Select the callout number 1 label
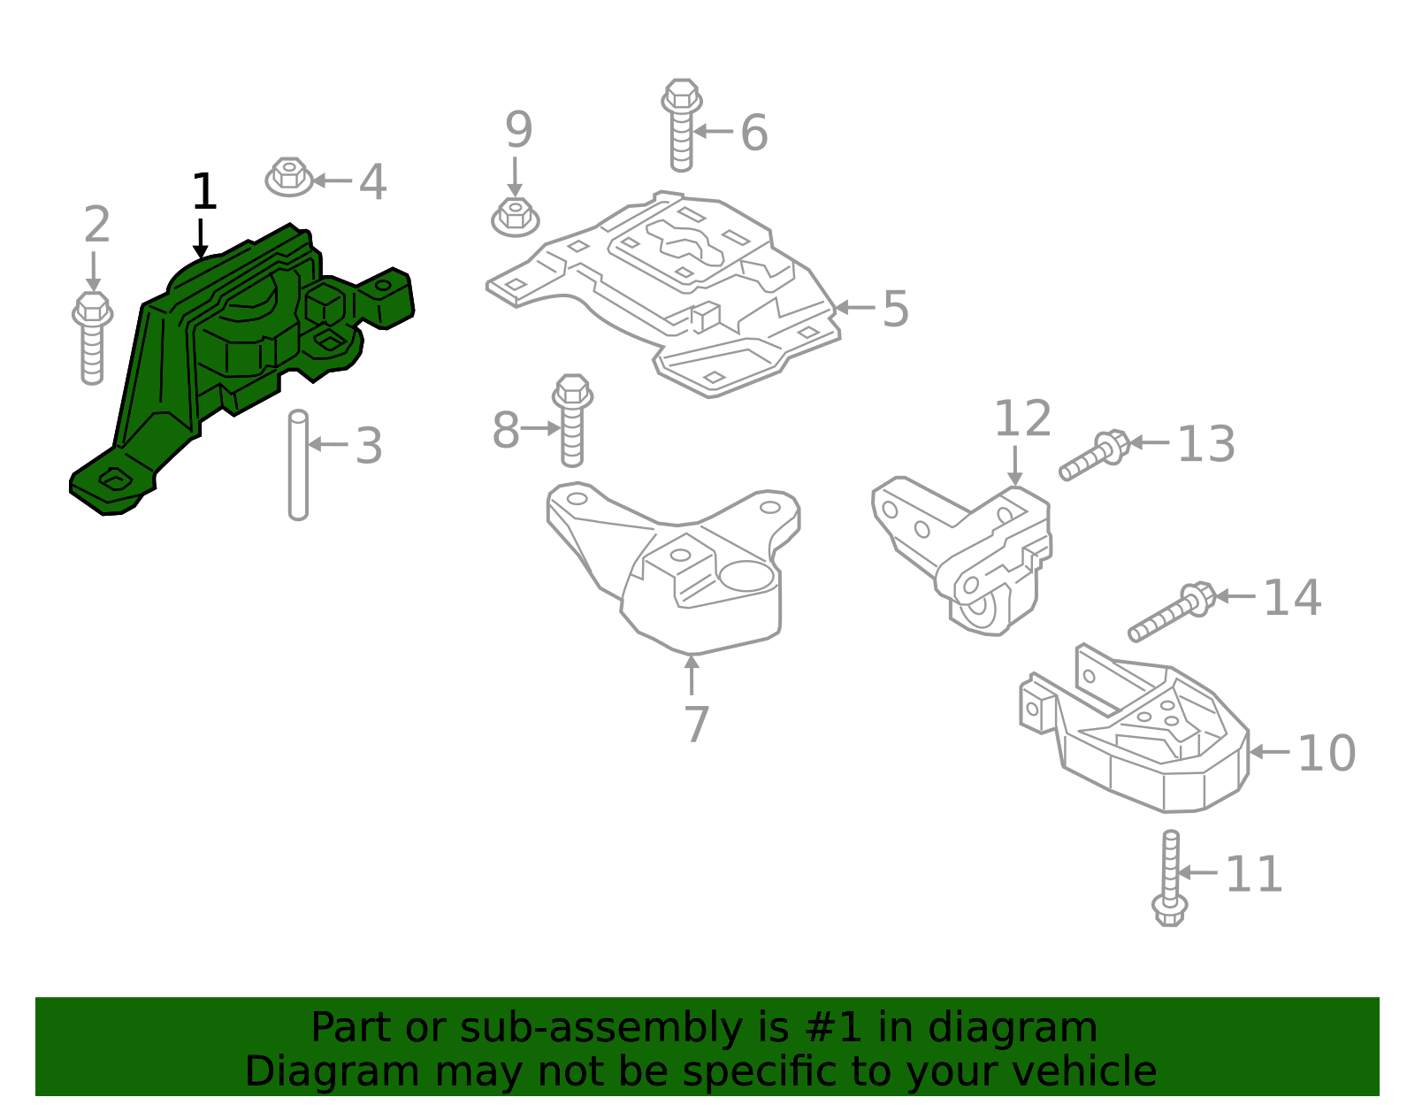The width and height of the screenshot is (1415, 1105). tap(204, 192)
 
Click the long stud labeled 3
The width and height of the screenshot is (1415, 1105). tap(298, 465)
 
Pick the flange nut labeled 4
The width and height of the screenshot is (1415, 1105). tap(289, 177)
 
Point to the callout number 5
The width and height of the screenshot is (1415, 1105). tap(895, 309)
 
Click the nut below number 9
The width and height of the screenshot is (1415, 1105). tap(516, 217)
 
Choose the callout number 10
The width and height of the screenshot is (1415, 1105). tap(1326, 754)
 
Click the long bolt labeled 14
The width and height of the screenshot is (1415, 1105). tap(1172, 612)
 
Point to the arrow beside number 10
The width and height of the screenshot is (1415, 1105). tap(1269, 752)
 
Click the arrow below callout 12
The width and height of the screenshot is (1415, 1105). tap(1015, 466)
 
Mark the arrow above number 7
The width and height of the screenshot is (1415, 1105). tap(692, 674)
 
